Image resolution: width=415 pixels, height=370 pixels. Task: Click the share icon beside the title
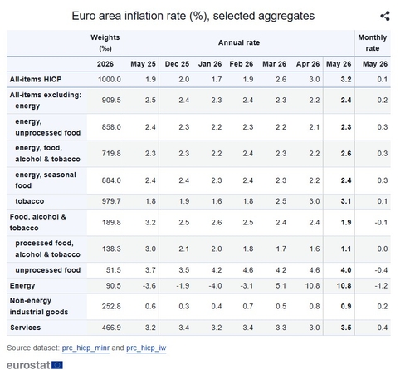coord(385,16)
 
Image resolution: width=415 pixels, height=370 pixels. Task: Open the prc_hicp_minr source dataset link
coord(85,348)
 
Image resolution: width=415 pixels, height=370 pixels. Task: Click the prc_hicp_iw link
coord(146,348)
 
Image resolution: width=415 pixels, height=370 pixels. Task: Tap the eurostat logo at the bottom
coord(35,365)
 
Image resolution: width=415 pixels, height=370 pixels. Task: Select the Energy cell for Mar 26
coord(281,285)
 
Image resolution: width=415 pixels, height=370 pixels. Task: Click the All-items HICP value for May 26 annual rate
coord(346,80)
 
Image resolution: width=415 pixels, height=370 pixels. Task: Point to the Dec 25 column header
coord(177,64)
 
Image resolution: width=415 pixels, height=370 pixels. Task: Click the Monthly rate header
coord(373,42)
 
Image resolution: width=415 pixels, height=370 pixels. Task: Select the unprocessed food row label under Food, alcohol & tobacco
coord(48,270)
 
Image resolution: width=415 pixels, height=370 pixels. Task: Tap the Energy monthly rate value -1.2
coord(381,285)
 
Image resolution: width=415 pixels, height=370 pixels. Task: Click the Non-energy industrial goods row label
coord(39,306)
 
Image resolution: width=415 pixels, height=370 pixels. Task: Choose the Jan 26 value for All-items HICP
coord(217,80)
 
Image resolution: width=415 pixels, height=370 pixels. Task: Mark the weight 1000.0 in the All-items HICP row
coord(110,80)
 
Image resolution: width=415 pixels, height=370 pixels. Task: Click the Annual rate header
coord(239,42)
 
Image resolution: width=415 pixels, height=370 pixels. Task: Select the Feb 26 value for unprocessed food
coord(248,270)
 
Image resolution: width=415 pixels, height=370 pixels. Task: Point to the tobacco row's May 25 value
coord(150,201)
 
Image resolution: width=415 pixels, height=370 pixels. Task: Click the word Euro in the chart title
coord(82,16)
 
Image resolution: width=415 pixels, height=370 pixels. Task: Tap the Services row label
coord(25,328)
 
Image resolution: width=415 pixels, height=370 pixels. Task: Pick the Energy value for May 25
coord(149,285)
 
